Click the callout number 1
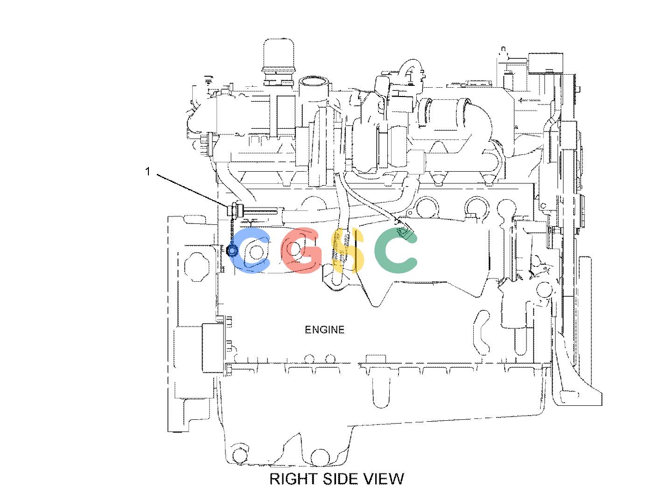click(148, 171)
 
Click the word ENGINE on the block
click(324, 329)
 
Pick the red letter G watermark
click(301, 250)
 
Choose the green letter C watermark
click(396, 250)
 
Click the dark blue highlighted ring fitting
click(231, 250)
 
